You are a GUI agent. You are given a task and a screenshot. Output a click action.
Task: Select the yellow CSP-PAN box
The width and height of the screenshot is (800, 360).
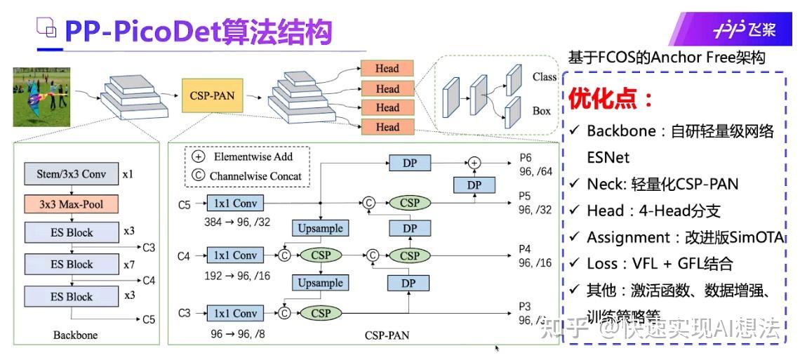pyautogui.click(x=212, y=96)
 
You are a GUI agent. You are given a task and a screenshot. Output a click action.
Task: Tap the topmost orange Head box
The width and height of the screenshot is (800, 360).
pyautogui.click(x=387, y=69)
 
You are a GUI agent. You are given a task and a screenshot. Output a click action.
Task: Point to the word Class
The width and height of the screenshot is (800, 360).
pyautogui.click(x=544, y=77)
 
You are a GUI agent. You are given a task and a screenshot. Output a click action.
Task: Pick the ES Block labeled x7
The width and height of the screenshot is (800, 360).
pyautogui.click(x=72, y=265)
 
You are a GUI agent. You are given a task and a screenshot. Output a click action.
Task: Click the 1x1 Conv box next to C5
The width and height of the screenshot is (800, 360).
pyautogui.click(x=235, y=204)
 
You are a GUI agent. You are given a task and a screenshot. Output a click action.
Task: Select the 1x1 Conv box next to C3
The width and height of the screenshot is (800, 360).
pyautogui.click(x=235, y=314)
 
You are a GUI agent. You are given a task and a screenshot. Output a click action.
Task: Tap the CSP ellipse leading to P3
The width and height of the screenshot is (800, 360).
pyautogui.click(x=321, y=314)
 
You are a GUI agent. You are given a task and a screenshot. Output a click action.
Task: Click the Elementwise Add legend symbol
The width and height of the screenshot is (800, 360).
pyautogui.click(x=198, y=156)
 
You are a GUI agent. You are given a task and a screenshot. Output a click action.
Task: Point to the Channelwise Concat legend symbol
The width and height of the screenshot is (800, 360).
pyautogui.click(x=198, y=176)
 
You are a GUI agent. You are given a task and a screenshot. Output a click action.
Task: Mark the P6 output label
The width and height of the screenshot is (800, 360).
pyautogui.click(x=525, y=158)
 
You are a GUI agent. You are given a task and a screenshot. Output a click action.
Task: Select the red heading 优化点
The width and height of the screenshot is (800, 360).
pyautogui.click(x=611, y=98)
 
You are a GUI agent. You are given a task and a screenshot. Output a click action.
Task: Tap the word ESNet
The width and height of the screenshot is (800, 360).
pyautogui.click(x=608, y=157)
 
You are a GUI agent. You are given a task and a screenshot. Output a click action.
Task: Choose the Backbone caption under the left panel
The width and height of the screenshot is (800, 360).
pyautogui.click(x=75, y=335)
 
